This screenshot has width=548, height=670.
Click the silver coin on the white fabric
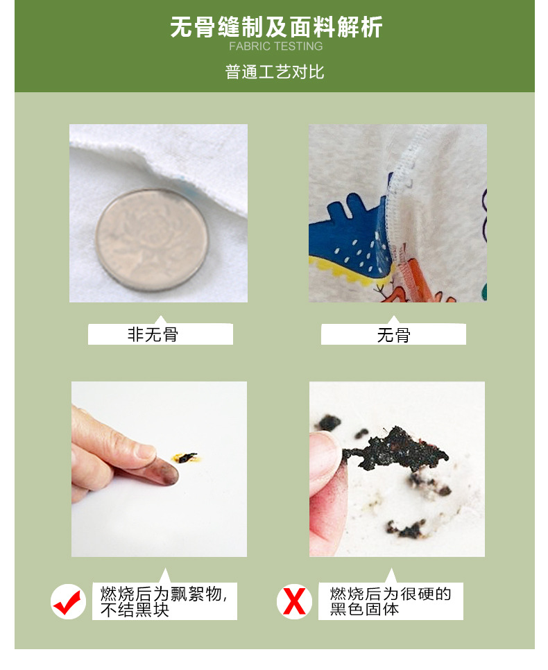point(152,241)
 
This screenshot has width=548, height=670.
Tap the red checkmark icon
point(68,601)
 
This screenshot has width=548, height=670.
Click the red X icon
point(294,601)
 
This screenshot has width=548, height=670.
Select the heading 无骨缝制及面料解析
point(276,27)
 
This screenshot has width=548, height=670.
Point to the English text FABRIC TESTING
point(275,46)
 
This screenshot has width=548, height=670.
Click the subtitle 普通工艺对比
point(275,72)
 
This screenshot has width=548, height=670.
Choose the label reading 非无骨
point(153,334)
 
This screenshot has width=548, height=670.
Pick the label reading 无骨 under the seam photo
point(394,335)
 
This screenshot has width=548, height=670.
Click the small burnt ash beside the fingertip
point(187,458)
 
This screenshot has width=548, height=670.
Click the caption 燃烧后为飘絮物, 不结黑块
point(164,601)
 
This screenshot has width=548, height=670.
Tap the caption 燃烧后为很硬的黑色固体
point(391,601)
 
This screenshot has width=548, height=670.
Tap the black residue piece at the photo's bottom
point(406,529)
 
